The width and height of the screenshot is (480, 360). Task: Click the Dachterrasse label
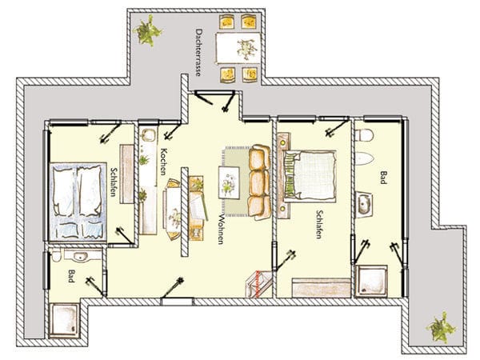point(198,52)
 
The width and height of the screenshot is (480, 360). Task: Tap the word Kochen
point(163,162)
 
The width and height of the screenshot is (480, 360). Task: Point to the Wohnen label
point(221,228)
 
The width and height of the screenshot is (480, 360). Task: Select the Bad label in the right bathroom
point(382,178)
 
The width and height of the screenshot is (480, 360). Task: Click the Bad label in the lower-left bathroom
point(71,276)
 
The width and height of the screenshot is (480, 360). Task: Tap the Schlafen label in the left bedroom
point(114,182)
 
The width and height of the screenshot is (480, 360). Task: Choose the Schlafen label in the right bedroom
point(319,224)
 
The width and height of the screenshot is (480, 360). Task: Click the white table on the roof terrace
point(238,49)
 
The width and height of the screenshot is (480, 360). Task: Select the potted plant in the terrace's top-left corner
point(147,31)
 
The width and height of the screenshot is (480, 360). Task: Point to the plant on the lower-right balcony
point(441,327)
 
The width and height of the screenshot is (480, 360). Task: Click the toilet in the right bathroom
point(364,135)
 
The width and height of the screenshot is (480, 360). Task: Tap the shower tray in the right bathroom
point(370,282)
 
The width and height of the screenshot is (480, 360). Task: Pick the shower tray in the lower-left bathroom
point(64,320)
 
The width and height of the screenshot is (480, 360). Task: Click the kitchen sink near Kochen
point(149,135)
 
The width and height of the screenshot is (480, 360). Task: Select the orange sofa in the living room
point(259,182)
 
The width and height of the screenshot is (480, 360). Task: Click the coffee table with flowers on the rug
point(228,182)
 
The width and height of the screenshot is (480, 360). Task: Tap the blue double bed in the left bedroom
point(78,202)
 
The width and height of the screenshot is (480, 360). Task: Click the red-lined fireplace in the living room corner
point(258,283)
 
